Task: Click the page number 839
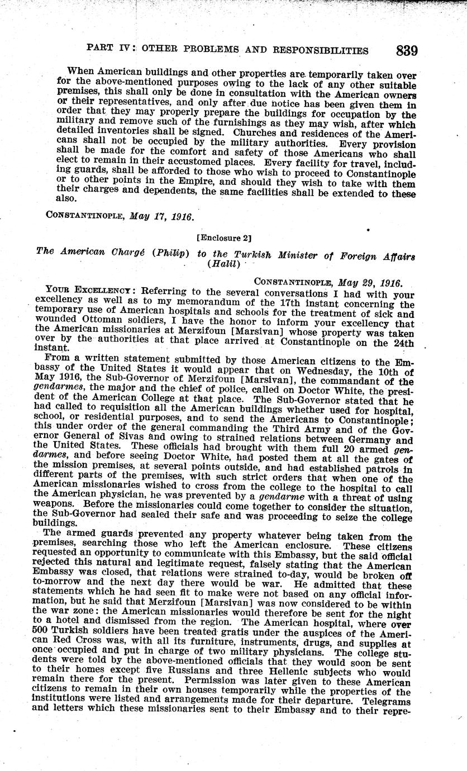click(x=406, y=50)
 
